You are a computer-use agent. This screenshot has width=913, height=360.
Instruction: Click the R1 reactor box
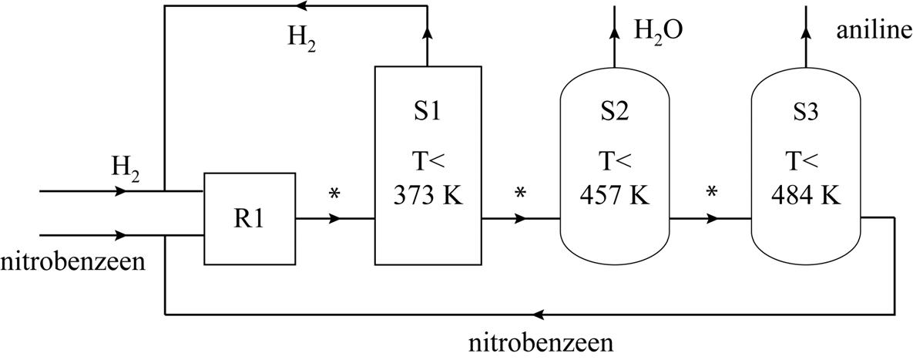249,218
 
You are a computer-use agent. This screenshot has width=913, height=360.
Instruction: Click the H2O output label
658,30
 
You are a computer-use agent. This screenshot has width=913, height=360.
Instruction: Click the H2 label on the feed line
126,168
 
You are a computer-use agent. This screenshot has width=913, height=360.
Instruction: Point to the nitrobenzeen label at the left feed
73,262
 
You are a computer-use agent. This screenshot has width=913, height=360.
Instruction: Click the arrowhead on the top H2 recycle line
305,6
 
